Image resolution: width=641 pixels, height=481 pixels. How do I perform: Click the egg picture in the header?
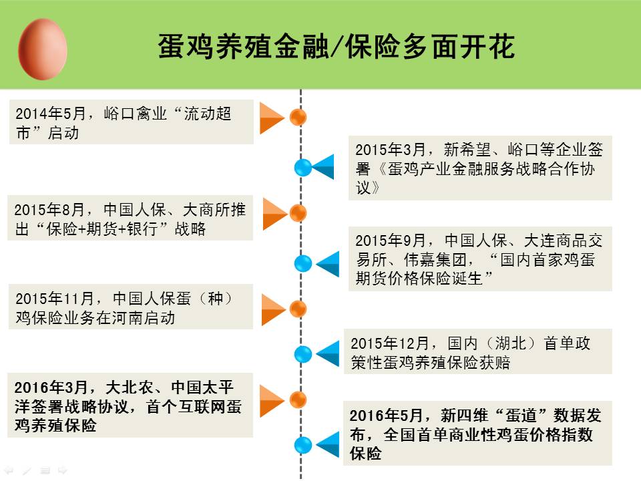click(43, 49)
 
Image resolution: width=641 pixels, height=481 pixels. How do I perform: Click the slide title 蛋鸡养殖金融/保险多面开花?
click(336, 46)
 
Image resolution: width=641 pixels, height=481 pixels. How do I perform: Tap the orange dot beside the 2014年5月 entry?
click(298, 118)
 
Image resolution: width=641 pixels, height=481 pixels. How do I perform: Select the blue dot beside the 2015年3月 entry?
click(303, 168)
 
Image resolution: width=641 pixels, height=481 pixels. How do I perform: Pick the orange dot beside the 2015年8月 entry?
click(298, 213)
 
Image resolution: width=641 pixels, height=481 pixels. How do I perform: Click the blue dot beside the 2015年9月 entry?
click(303, 263)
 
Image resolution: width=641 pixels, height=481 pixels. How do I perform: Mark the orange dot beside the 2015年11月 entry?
click(298, 309)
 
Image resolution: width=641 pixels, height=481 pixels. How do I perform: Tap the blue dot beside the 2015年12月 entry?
click(303, 354)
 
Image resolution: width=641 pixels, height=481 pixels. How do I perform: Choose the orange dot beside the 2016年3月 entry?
click(298, 399)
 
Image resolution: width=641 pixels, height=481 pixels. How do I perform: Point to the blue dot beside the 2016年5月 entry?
click(303, 445)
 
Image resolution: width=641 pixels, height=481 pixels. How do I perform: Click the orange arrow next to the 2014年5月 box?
click(272, 118)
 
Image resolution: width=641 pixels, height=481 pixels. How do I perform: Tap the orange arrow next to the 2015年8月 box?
click(275, 214)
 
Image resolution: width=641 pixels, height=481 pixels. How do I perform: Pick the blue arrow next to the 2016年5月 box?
click(327, 444)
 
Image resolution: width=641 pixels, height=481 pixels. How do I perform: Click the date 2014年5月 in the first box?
click(50, 114)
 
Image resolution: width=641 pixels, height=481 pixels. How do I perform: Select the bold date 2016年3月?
click(51, 387)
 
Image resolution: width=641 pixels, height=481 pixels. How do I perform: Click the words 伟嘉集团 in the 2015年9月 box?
click(435, 259)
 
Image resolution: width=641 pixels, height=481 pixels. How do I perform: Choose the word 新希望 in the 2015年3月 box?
click(467, 150)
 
